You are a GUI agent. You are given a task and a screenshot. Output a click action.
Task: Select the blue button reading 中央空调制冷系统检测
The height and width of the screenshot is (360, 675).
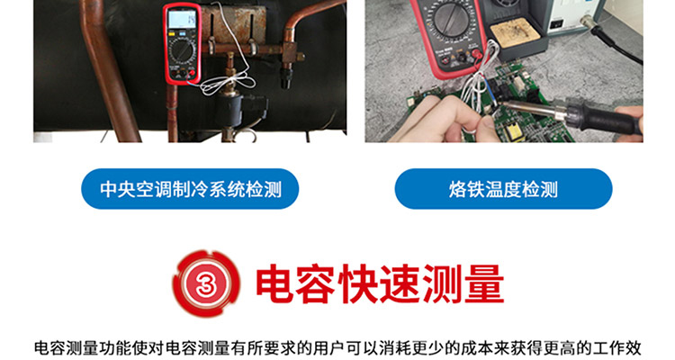point(189,189)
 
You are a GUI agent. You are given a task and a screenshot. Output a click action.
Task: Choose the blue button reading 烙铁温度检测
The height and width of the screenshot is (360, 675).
point(503,189)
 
